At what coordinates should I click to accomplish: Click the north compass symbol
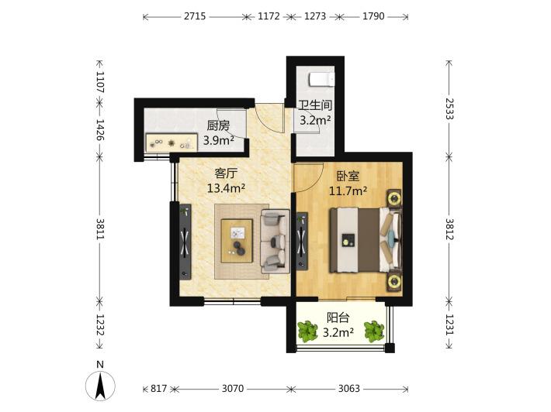(x=100, y=383)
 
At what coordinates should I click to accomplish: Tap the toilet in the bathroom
(x=321, y=79)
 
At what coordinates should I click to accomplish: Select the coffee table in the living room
(x=237, y=241)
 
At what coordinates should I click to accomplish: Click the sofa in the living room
(x=275, y=242)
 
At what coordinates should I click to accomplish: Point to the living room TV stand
(x=185, y=242)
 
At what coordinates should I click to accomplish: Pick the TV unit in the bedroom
(x=302, y=242)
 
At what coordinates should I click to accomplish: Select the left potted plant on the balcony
(x=307, y=331)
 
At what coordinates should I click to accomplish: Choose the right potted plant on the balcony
(x=374, y=331)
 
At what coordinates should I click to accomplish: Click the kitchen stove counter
(x=172, y=142)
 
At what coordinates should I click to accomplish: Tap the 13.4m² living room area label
(x=226, y=188)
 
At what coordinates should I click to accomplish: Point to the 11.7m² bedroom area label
(x=348, y=191)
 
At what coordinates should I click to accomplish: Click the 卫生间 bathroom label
(x=315, y=105)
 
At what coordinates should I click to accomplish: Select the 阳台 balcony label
(x=338, y=318)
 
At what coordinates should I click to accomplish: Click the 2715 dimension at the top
(x=195, y=16)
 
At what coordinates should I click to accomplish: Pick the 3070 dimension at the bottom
(x=233, y=389)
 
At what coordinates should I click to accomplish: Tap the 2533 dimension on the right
(x=449, y=109)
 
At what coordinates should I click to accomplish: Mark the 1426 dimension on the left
(x=100, y=130)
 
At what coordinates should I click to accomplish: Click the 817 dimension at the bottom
(x=159, y=389)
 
